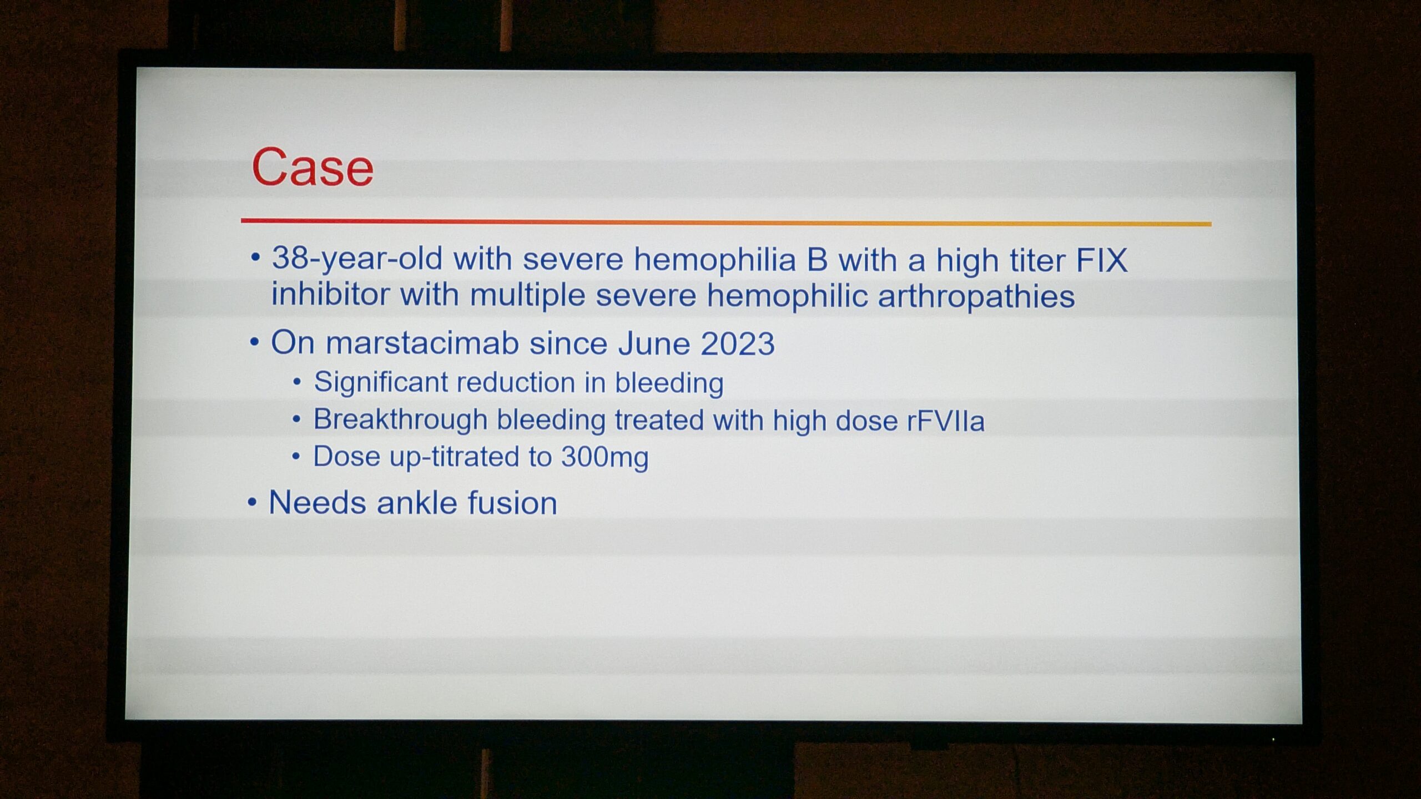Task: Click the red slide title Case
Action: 313,167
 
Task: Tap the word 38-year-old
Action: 357,259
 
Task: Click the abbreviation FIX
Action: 1102,260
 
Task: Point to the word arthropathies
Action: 976,296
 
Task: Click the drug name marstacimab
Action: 422,343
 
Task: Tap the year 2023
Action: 737,344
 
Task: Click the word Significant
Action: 381,383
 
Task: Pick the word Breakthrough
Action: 400,419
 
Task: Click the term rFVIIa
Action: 946,421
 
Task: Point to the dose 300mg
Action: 604,458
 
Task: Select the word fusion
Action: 512,503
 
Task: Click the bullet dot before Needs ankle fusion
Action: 253,503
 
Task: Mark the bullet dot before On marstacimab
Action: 255,342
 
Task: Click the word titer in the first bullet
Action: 1037,260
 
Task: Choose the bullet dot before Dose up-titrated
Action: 296,456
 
